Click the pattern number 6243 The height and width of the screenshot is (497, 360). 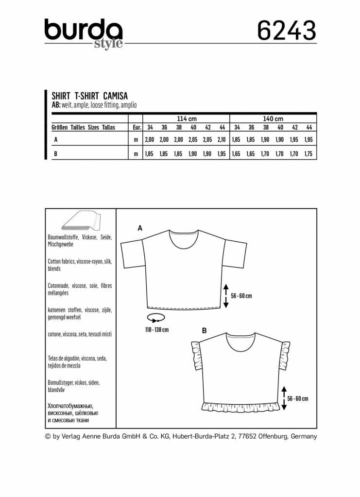pos(286,31)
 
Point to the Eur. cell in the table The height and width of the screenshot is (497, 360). pos(136,128)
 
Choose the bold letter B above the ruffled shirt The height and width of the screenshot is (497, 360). pos(205,331)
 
